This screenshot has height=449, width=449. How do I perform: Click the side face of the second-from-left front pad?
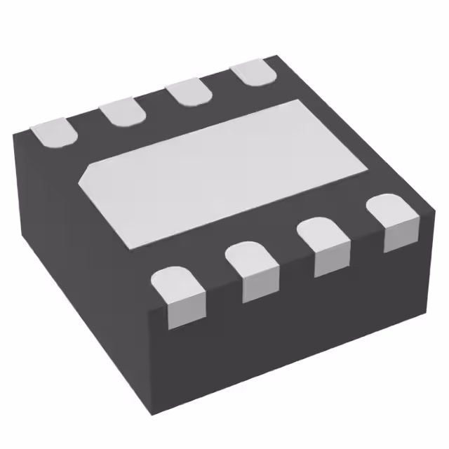pos(261,284)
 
